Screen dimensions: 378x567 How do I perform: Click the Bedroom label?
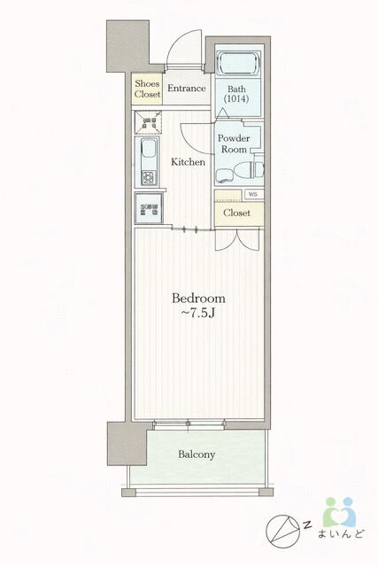(198, 299)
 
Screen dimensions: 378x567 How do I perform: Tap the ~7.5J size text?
(198, 313)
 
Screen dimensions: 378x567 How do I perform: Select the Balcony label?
(197, 454)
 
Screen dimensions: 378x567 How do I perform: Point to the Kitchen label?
(188, 162)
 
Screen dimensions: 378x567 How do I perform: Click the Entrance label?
(187, 89)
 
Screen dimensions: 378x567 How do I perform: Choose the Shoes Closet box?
(147, 89)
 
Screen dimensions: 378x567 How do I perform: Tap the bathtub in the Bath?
(238, 64)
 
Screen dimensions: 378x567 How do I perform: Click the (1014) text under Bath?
(236, 98)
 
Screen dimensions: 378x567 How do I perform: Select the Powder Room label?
(234, 144)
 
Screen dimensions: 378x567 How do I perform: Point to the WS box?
(254, 194)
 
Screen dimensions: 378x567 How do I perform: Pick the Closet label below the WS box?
(236, 213)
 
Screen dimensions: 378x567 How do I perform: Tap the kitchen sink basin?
(148, 148)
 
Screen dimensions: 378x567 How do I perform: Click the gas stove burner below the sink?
(148, 177)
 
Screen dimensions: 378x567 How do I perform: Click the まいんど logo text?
(341, 534)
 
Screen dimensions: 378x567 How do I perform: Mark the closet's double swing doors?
(237, 239)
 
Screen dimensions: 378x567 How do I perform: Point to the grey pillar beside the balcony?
(127, 443)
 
